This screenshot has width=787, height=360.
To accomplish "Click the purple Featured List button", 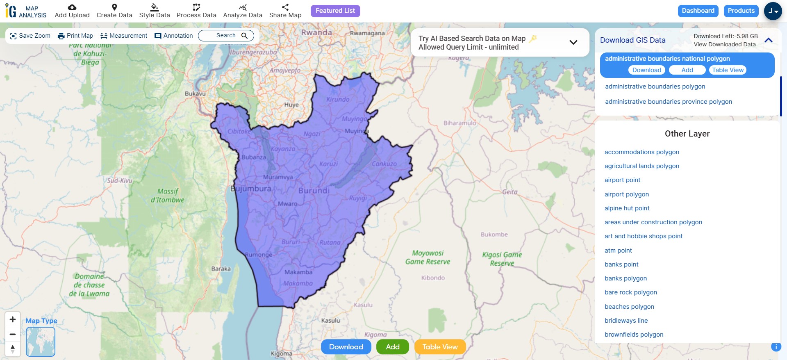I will (335, 11).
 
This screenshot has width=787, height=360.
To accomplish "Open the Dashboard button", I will (698, 11).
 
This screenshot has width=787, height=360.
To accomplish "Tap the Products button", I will (741, 11).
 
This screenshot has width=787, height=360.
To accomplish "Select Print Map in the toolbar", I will (75, 36).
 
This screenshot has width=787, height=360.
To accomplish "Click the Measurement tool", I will (124, 36).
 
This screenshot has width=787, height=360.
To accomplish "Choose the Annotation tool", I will (174, 36).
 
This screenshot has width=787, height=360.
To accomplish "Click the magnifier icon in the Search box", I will (245, 36).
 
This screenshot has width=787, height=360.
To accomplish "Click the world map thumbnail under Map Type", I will (41, 342).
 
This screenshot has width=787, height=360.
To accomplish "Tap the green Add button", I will (392, 347).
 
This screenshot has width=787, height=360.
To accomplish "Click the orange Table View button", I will (440, 347).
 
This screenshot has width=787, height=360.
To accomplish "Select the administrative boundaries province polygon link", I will (668, 102).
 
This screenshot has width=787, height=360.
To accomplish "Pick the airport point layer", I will (622, 180).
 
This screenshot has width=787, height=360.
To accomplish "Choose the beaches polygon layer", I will (629, 307).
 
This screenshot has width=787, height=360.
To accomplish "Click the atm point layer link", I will (618, 251).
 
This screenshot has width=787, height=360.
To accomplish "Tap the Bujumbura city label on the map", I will (251, 189).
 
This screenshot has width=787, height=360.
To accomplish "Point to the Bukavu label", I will (195, 94).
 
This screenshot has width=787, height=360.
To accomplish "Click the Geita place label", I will (510, 192).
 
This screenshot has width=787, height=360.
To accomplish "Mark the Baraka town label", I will (221, 269).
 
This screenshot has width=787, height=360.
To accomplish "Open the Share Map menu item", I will (285, 11).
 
